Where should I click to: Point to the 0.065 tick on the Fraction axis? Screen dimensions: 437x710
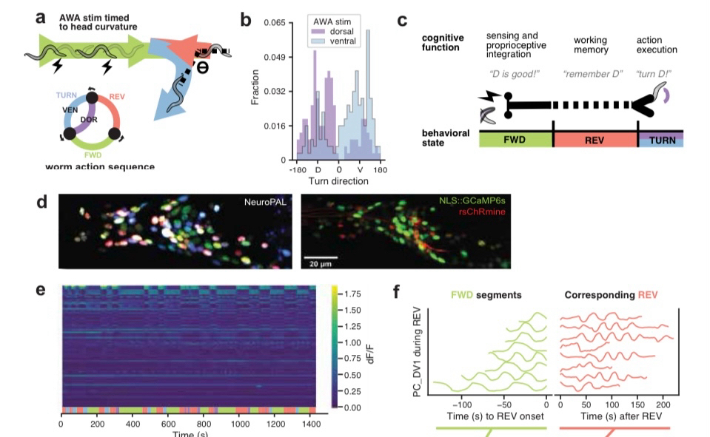coord(273,24)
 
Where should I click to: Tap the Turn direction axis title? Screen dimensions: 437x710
coord(339,181)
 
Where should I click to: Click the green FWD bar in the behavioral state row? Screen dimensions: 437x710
coord(516,140)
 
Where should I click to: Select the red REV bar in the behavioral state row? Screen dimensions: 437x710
coord(595,140)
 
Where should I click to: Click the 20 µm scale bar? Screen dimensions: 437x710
coord(320,257)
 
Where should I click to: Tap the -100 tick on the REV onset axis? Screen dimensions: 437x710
coord(462,405)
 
